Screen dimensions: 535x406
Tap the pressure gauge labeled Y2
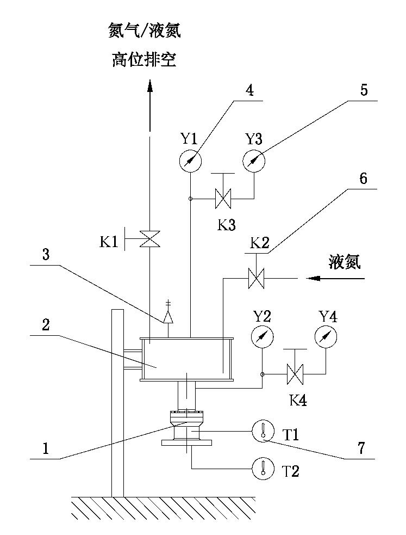tap(262, 338)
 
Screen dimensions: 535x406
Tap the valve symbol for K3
tap(223, 198)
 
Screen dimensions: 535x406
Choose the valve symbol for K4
tap(295, 374)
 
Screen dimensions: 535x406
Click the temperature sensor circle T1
tap(262, 432)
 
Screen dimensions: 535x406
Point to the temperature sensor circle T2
tap(262, 467)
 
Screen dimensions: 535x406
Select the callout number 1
tap(46, 447)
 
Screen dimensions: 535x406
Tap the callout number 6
tap(363, 178)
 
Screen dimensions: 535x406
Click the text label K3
tap(227, 225)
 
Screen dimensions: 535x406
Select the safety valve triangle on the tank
tap(168, 317)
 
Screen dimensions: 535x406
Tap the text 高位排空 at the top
tap(144, 59)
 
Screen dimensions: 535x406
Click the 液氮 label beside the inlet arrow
tap(344, 262)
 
